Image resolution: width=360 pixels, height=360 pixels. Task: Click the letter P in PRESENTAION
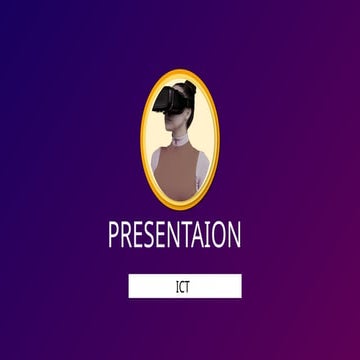coord(114,236)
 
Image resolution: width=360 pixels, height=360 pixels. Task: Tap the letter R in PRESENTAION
coord(127,236)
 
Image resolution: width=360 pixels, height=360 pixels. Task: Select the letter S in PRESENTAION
coord(153,236)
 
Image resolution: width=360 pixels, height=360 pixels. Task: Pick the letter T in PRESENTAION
coord(192,236)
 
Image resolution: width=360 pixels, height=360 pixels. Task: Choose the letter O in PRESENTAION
coord(221,236)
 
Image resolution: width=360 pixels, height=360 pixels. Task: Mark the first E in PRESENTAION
coord(141,236)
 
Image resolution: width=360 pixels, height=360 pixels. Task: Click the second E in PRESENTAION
coord(165,236)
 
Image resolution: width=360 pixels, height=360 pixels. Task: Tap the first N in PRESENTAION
coord(179,236)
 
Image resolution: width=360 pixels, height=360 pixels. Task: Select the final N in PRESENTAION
coord(235,236)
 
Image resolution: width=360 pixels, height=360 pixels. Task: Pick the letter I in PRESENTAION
coord(212,236)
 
